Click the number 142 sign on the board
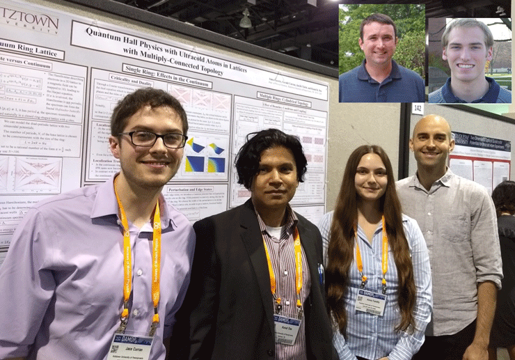pyautogui.click(x=418, y=109)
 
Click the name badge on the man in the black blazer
pyautogui.click(x=287, y=328)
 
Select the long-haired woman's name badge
pyautogui.click(x=370, y=302)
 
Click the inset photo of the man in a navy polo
pyautogui.click(x=381, y=54)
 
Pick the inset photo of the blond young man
pyautogui.click(x=470, y=60)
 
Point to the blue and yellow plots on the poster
pyautogui.click(x=205, y=155)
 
